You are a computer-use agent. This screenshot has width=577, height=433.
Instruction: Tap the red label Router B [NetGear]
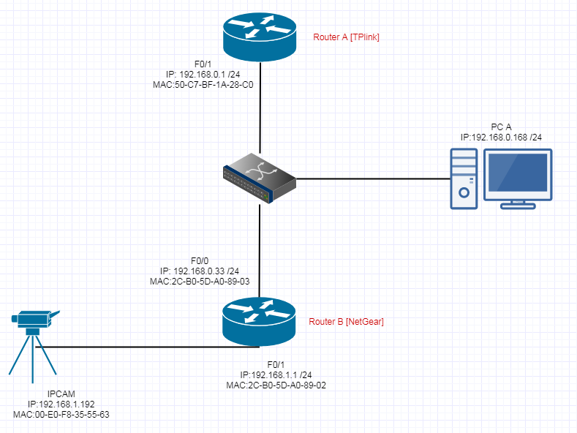(346, 321)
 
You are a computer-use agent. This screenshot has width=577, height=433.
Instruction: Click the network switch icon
(260, 178)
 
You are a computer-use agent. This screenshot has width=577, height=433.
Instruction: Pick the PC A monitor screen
(518, 174)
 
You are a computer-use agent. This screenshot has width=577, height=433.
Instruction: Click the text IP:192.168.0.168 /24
(501, 137)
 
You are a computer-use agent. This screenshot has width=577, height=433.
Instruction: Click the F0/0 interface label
(200, 260)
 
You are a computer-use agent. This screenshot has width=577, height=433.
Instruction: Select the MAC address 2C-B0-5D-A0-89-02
(277, 384)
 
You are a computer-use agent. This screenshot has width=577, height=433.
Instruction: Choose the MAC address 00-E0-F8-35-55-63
(61, 414)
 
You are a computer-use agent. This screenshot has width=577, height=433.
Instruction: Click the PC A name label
(500, 127)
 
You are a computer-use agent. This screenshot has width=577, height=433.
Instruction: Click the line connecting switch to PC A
(373, 178)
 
